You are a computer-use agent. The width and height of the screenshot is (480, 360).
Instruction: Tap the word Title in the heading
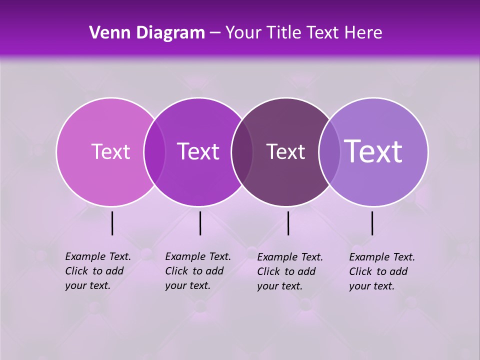(x=283, y=33)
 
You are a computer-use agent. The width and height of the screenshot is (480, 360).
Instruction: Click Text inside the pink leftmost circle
(x=110, y=151)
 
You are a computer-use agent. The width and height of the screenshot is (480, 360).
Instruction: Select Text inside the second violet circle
(x=198, y=151)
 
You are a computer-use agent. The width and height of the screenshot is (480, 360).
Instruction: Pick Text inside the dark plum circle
(x=285, y=151)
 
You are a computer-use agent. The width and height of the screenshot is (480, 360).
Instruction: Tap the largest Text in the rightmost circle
(x=373, y=151)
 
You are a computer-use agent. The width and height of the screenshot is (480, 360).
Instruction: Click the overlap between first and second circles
(x=154, y=152)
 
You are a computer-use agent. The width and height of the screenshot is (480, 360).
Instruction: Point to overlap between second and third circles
(x=242, y=152)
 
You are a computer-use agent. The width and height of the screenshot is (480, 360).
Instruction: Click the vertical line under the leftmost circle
(x=112, y=223)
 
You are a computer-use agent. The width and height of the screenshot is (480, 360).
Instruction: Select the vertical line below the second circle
(x=200, y=223)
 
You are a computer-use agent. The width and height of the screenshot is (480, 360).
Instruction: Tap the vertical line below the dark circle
(x=288, y=223)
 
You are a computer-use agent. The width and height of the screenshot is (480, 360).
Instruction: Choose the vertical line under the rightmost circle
(x=372, y=223)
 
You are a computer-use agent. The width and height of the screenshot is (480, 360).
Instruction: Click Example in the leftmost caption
(x=85, y=256)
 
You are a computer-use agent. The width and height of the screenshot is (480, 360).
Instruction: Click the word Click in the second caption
(x=176, y=271)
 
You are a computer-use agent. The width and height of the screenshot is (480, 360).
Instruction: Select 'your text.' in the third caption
(x=280, y=286)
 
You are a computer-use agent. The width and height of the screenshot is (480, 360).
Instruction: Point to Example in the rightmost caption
(x=369, y=257)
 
